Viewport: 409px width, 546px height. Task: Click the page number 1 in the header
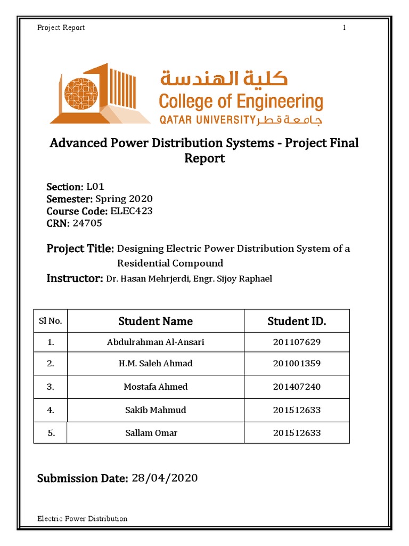click(345, 28)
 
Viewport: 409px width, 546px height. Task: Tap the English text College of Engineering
click(241, 102)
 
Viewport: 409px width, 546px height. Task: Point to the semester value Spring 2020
click(124, 199)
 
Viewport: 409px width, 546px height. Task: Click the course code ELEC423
click(131, 211)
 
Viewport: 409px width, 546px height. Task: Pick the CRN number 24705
click(87, 223)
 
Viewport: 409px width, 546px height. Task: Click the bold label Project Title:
click(80, 248)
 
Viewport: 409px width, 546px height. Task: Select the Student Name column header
click(156, 321)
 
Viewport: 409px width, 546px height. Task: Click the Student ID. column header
click(297, 321)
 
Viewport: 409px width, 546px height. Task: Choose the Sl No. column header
click(51, 321)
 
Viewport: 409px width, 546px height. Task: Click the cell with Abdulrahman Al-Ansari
click(156, 342)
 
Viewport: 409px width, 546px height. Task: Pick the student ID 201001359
click(297, 364)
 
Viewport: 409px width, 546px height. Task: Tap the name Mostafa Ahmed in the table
click(156, 387)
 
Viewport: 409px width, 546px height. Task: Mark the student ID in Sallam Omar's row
click(297, 432)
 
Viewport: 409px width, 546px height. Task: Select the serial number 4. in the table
click(51, 411)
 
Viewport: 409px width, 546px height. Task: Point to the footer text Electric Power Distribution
click(82, 518)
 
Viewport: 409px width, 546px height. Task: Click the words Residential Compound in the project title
click(170, 263)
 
